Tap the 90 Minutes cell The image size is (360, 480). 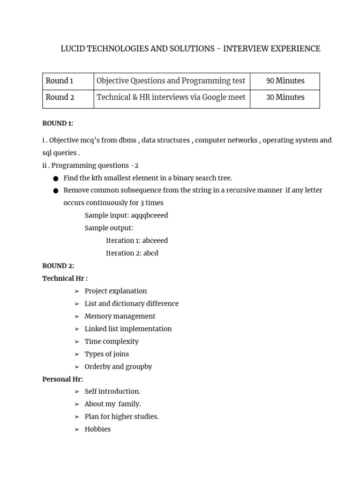coord(285,81)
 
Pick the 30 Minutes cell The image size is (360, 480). coord(285,97)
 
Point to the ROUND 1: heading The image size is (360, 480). coord(58,123)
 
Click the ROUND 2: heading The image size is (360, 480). coord(58,266)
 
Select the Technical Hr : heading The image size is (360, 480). coord(65,278)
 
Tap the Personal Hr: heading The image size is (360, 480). coord(63,379)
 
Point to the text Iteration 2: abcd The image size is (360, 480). coord(132,253)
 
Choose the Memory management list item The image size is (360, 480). coord(120,316)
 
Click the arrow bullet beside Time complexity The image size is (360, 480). coord(77,342)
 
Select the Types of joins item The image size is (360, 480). coord(107,354)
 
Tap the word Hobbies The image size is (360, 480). coord(97,429)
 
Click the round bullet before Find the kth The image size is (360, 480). coord(56,179)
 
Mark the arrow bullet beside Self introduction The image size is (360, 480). coord(77,391)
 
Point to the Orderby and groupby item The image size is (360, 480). coord(118,367)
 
